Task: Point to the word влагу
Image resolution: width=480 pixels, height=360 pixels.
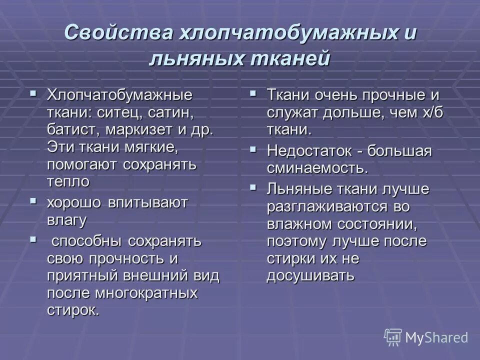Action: (x=67, y=220)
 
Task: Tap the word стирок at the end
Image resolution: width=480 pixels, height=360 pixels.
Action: (x=73, y=310)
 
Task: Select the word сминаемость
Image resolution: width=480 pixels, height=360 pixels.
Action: (x=317, y=168)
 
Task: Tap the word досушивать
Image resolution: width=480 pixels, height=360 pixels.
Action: (x=310, y=275)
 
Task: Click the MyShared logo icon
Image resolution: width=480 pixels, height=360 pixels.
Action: (x=393, y=337)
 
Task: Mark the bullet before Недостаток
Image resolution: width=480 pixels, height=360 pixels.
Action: (x=253, y=149)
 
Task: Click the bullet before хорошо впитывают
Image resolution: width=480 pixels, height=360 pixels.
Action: (x=33, y=201)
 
